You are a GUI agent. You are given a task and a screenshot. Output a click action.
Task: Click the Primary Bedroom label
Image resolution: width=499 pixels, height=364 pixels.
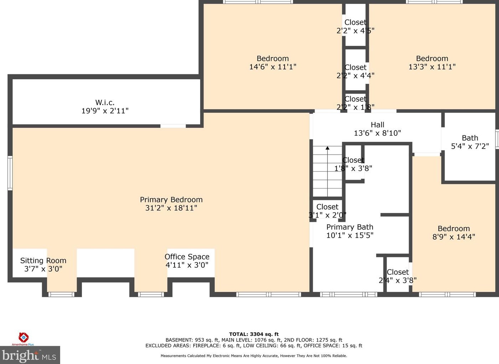[x=171, y=199]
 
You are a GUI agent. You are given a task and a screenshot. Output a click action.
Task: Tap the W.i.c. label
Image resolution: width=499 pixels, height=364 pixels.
[x=105, y=102]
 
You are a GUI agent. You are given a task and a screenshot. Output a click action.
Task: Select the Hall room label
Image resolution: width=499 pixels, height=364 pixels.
[x=378, y=125]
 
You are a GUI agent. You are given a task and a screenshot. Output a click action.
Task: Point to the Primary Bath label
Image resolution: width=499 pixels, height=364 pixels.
[x=350, y=227]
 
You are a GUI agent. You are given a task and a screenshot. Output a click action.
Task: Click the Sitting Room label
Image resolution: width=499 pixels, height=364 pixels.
[x=43, y=261]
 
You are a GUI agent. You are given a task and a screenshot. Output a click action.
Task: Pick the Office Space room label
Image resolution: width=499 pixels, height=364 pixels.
[x=187, y=257]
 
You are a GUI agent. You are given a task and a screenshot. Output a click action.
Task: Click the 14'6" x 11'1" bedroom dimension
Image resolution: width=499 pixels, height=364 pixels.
[x=273, y=67]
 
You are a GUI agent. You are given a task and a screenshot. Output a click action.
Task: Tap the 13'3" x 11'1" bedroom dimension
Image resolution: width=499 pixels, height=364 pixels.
[x=432, y=67]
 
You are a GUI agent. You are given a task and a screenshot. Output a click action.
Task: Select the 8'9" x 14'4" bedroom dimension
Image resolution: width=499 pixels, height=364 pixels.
[x=454, y=237]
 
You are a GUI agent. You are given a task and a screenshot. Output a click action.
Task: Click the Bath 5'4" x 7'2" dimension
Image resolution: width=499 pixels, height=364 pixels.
[x=470, y=146]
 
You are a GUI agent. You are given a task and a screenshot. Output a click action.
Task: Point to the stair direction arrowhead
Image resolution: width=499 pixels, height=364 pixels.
[x=327, y=148]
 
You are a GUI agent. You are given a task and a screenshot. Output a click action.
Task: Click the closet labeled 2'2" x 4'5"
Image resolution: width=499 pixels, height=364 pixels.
[x=355, y=31]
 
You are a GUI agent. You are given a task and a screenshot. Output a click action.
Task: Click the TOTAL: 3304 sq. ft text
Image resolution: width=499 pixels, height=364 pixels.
[x=254, y=334]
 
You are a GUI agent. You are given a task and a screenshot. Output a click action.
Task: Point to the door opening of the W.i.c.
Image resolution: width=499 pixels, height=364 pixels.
[x=173, y=126]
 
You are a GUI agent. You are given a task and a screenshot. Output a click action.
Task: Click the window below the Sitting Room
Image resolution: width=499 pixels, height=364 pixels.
[x=62, y=294]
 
